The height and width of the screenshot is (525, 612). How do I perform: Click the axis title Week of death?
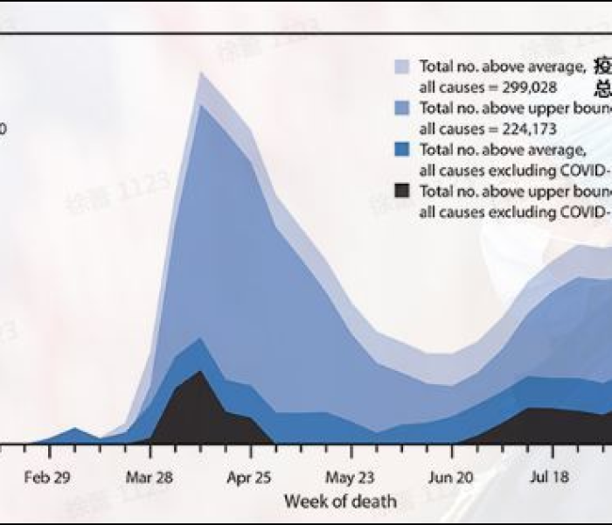pos(340,502)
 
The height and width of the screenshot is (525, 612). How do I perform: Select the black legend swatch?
pos(401,191)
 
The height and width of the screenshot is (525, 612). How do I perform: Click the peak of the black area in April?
pos(201,372)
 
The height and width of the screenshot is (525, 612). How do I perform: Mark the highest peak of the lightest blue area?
pos(201,73)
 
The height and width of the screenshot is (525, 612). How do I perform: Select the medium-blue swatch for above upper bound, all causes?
pos(401,108)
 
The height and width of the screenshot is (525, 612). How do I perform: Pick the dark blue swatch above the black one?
pos(401,150)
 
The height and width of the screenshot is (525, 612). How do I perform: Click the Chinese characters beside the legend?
pos(603,77)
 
